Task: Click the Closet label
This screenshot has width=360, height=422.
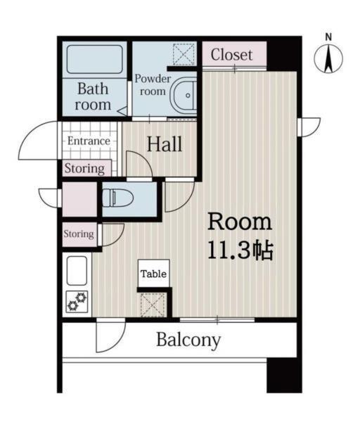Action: point(231,55)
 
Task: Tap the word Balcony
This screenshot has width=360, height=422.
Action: point(188,340)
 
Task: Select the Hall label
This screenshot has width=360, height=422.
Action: point(165,144)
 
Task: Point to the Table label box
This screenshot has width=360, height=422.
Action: point(153,274)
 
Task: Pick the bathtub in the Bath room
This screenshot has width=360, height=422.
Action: point(95,59)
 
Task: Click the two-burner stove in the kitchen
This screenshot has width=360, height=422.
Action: point(77,302)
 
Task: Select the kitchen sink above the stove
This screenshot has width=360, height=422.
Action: point(77,271)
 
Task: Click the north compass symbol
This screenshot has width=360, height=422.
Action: point(328,59)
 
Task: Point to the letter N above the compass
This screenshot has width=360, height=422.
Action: point(328,37)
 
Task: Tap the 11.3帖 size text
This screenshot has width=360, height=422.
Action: point(240,250)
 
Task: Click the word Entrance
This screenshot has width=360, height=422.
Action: point(89,141)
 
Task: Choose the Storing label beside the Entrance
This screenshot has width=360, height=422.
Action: point(84,169)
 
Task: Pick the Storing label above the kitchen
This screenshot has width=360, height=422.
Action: point(79,234)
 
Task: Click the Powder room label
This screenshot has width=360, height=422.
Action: point(153,85)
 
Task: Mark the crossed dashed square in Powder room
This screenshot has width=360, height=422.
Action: point(184,54)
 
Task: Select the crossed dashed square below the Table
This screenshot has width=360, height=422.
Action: point(153,305)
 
